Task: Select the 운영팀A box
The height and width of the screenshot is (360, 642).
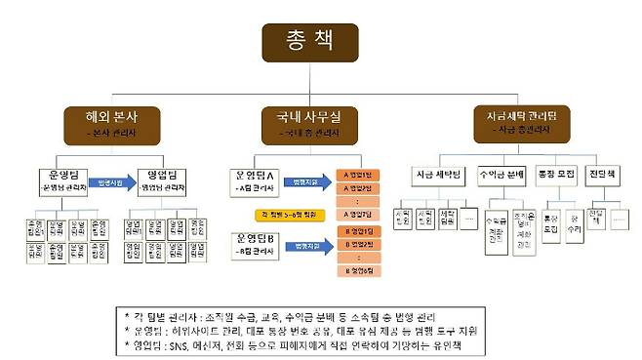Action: [x=258, y=180]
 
